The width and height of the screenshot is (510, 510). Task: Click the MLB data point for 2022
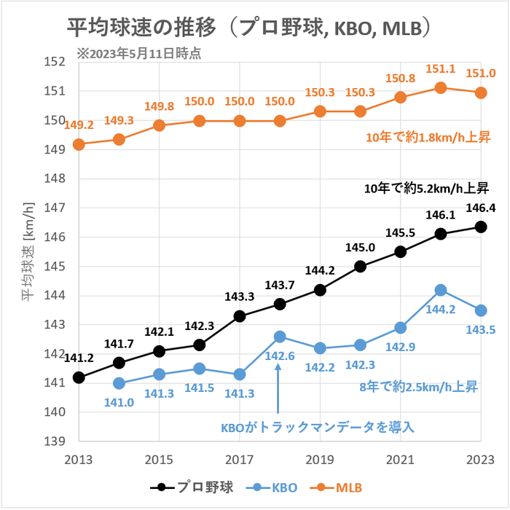[x=441, y=88]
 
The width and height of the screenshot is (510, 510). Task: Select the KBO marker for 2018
[x=280, y=337]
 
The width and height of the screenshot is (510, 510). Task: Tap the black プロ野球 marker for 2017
[x=240, y=316]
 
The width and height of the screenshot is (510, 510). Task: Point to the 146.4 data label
[x=480, y=208]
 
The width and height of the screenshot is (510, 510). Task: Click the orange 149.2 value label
[x=79, y=125]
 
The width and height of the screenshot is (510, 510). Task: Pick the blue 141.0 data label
[x=119, y=401]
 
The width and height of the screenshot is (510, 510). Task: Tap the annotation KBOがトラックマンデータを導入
[x=318, y=427]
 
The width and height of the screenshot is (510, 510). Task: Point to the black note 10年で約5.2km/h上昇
[x=421, y=189]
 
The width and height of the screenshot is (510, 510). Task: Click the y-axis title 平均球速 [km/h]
[x=28, y=251]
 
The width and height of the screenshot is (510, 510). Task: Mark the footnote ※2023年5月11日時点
[x=138, y=52]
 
